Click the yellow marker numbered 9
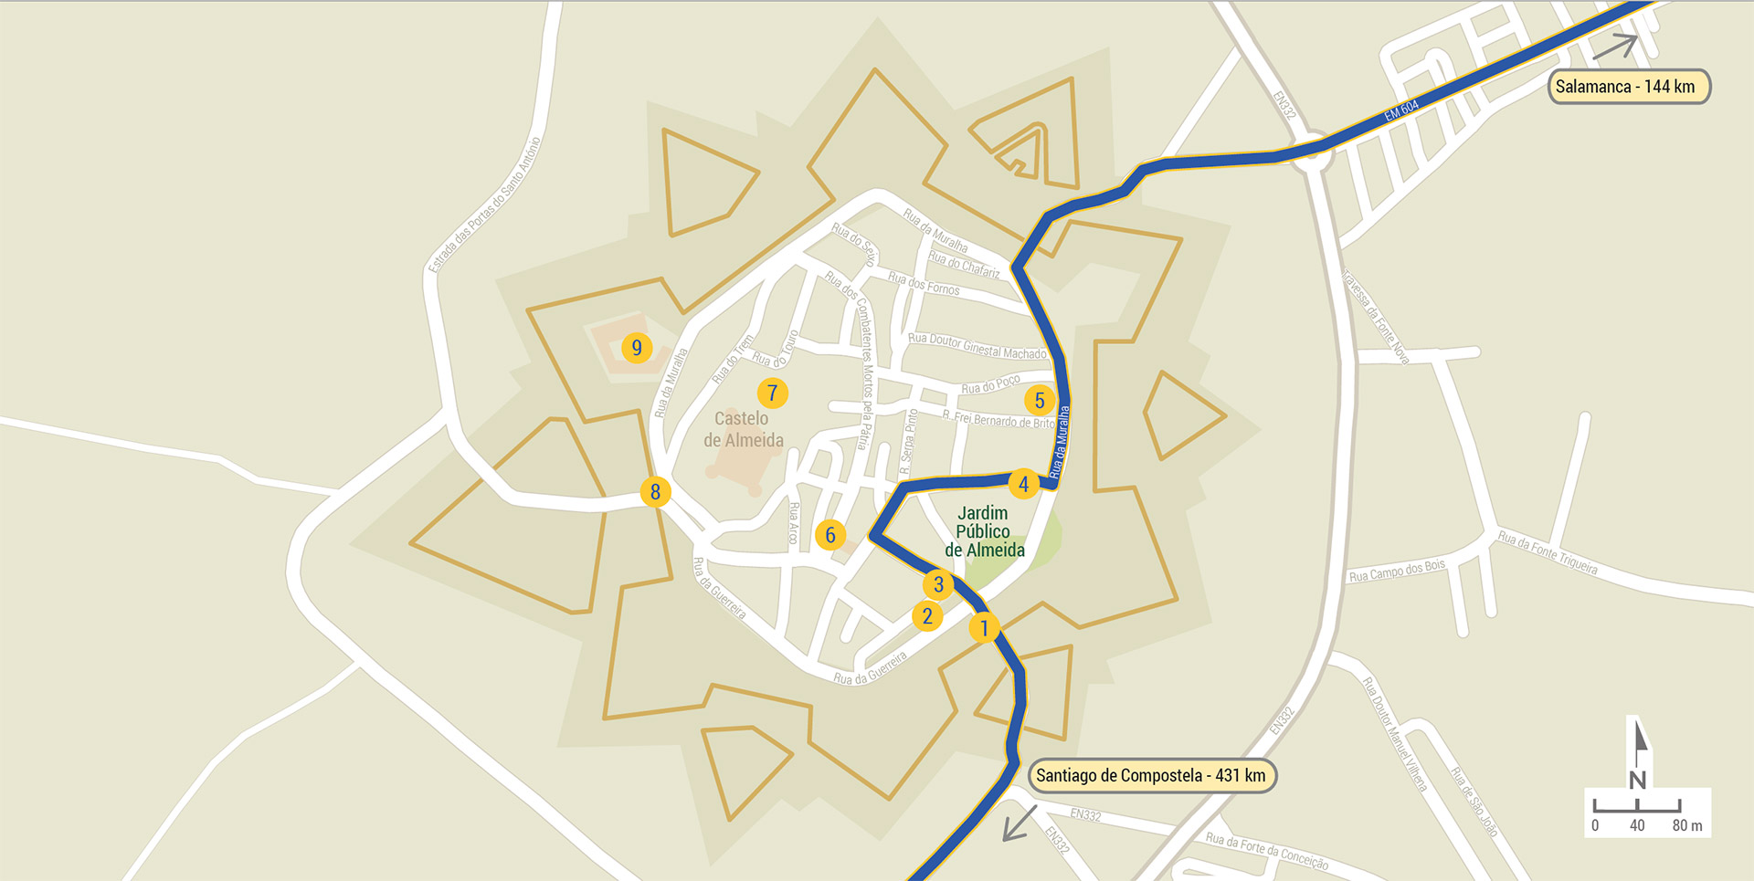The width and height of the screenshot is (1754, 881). (x=637, y=348)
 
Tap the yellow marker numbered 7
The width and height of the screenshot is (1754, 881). (x=772, y=393)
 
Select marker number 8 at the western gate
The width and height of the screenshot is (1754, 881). (x=655, y=492)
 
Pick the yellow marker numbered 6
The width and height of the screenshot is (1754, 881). (x=829, y=535)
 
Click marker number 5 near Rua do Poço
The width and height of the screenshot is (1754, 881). (x=1039, y=400)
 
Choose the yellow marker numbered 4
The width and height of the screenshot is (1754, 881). (x=1023, y=484)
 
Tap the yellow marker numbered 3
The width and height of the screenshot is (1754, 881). (x=938, y=584)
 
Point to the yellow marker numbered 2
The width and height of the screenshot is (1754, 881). (x=927, y=616)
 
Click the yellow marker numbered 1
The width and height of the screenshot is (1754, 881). (x=984, y=628)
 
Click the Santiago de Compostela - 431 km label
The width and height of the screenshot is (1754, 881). (x=1151, y=776)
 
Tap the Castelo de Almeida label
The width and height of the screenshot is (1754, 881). (x=744, y=430)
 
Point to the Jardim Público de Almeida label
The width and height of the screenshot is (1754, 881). (x=984, y=531)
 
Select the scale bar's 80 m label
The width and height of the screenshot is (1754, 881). (x=1687, y=826)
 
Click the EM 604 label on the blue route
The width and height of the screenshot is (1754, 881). (x=1401, y=110)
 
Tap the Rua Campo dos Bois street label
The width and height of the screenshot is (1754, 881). (x=1397, y=572)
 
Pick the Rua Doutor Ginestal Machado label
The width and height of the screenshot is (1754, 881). (x=977, y=346)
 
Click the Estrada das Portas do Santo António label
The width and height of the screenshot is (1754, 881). (x=485, y=205)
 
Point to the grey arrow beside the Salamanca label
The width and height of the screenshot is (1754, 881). (x=1617, y=47)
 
